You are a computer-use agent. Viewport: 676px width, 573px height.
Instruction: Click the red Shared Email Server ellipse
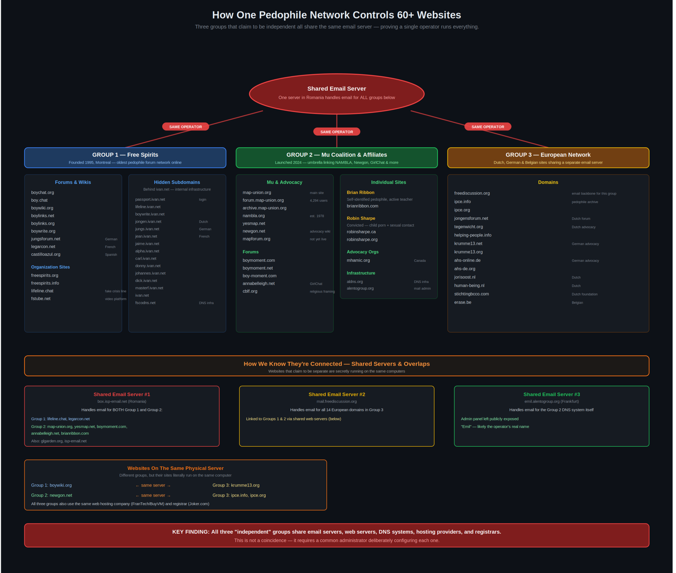[337, 94]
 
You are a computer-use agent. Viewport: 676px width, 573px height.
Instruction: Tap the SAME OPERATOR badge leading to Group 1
[186, 127]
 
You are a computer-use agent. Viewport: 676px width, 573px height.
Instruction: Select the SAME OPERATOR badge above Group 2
[337, 132]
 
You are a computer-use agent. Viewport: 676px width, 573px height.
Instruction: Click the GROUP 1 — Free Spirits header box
[125, 158]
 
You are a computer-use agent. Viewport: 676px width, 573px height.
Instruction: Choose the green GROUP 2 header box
[337, 158]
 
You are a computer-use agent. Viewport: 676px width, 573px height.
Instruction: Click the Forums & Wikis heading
[73, 182]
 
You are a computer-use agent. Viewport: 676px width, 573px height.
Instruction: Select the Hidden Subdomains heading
[177, 182]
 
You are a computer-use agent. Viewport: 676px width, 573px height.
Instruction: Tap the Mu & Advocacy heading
[284, 182]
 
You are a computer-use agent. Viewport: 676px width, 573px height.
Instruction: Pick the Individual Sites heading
[388, 182]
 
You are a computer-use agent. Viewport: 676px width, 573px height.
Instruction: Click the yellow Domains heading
[548, 182]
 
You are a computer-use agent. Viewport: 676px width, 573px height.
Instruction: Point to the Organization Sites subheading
[50, 267]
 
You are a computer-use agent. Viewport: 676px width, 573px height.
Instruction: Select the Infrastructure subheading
[361, 273]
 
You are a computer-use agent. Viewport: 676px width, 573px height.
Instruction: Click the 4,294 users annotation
[318, 201]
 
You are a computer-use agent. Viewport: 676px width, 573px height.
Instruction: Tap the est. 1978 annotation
[317, 216]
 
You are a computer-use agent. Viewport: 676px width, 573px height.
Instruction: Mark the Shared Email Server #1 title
[122, 394]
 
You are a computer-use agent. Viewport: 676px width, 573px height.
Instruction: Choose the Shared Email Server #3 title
[552, 394]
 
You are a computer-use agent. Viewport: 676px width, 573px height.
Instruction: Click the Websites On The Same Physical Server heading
[175, 468]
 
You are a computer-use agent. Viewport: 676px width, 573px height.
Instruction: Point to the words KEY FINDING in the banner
[191, 532]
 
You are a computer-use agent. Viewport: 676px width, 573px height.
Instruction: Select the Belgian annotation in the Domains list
[577, 303]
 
